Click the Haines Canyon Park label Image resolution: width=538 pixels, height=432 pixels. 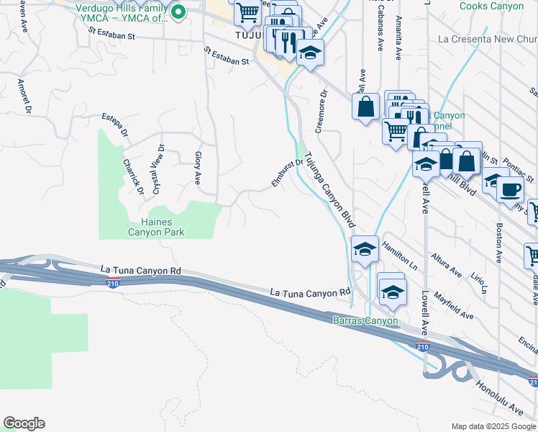[x=156, y=226]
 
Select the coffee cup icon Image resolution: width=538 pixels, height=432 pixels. [x=510, y=190]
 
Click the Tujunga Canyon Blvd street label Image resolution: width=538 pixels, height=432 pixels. [x=329, y=190]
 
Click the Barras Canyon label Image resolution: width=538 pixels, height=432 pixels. [x=365, y=320]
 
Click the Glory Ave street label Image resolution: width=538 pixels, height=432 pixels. [x=197, y=166]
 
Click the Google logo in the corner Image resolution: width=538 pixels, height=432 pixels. [x=24, y=423]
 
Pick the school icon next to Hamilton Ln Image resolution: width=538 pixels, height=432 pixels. [x=365, y=251]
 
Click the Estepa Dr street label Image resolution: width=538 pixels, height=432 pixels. [x=114, y=123]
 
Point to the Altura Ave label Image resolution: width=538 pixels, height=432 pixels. [x=446, y=265]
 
